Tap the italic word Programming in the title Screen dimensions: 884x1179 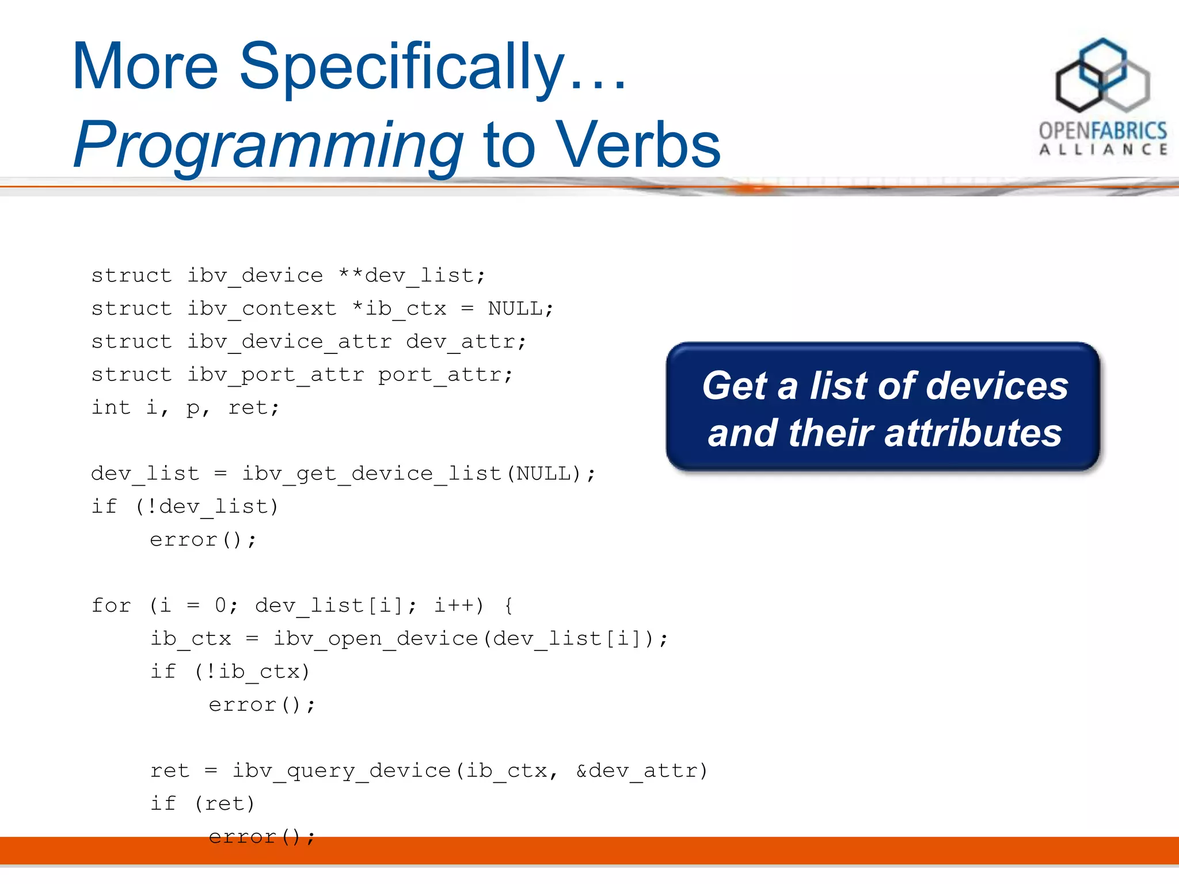pos(268,145)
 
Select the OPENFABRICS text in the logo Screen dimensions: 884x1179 pos(1102,131)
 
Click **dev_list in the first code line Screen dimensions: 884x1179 pos(412,276)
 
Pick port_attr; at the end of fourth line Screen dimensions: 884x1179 pos(445,375)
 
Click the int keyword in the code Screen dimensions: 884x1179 pos(111,407)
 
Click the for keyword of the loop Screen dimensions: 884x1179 pos(111,605)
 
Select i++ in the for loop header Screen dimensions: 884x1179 pos(458,605)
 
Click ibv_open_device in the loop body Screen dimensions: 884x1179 pos(376,639)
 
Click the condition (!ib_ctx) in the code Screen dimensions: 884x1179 pos(252,672)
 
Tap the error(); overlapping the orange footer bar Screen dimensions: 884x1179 pos(262,837)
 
